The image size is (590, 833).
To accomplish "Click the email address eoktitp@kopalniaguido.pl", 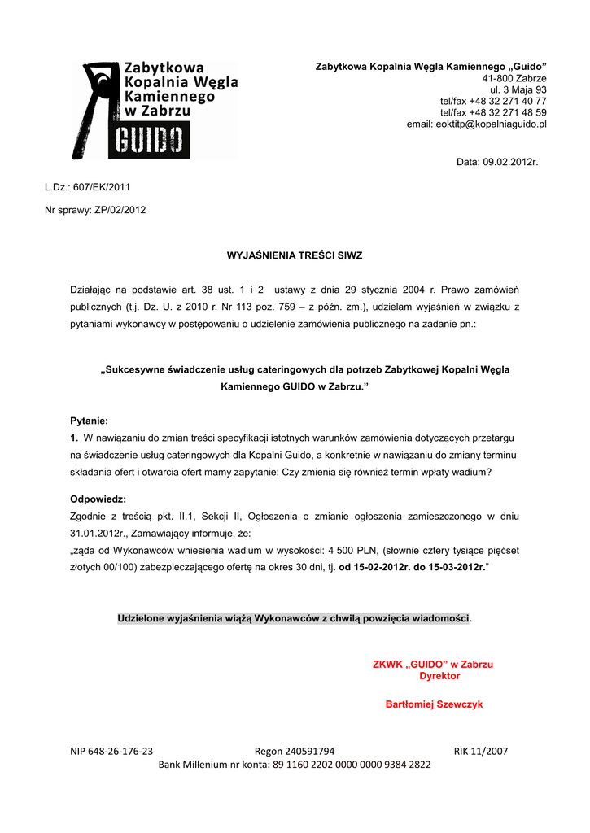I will point(476,124).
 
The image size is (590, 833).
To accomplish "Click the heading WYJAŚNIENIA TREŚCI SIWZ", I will point(295,255).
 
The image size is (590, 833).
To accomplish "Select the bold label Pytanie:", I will point(89,421).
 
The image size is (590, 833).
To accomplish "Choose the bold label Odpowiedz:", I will point(98,499).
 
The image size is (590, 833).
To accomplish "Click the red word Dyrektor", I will point(439,676).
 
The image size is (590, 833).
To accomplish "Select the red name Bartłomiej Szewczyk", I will point(434,704).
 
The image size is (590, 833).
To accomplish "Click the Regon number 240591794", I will point(307,751).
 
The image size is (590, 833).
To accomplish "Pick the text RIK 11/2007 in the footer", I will point(480,751).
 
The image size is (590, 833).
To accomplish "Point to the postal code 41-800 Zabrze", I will point(514,78).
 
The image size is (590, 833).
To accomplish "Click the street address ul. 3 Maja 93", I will point(518,89).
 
